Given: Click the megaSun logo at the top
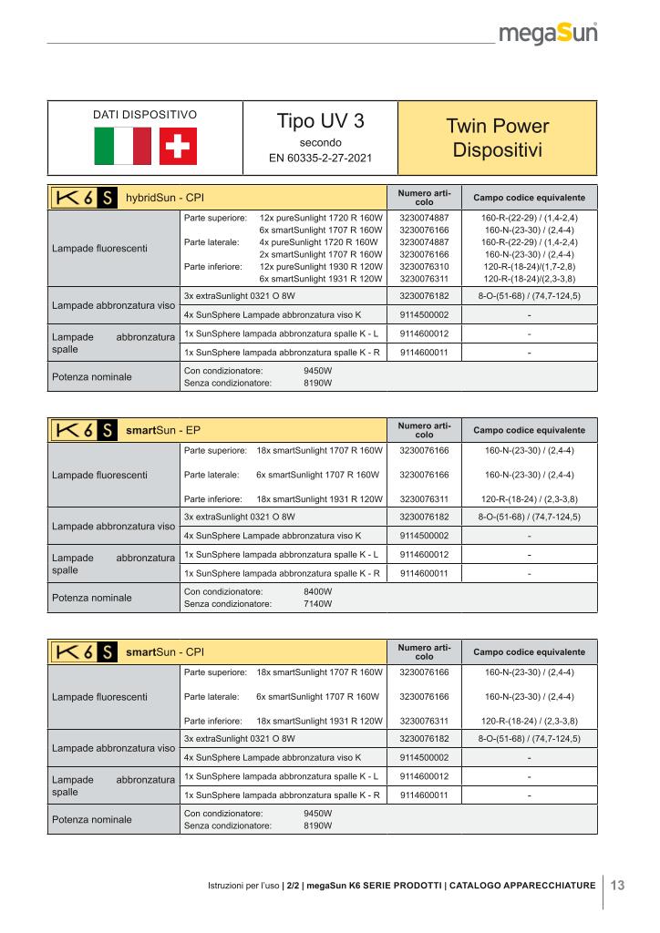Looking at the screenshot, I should (x=548, y=36).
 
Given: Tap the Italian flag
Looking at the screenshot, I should (x=122, y=146).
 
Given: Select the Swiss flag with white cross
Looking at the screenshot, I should (x=178, y=146).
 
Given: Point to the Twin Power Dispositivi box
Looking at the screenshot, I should (x=498, y=137).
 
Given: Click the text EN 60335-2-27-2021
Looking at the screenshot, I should (x=320, y=159).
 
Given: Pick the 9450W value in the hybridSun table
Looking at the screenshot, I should (x=317, y=372).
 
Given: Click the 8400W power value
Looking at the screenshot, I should (x=317, y=591).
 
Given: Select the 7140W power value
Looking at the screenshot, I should (x=317, y=603).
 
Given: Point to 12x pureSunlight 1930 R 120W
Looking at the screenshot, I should (x=320, y=266).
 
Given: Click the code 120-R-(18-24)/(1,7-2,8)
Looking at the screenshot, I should (x=530, y=266).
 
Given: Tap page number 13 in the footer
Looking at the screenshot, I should (x=617, y=885).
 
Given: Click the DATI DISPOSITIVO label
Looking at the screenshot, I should (x=145, y=116).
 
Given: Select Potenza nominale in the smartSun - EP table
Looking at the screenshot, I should (x=92, y=598).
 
